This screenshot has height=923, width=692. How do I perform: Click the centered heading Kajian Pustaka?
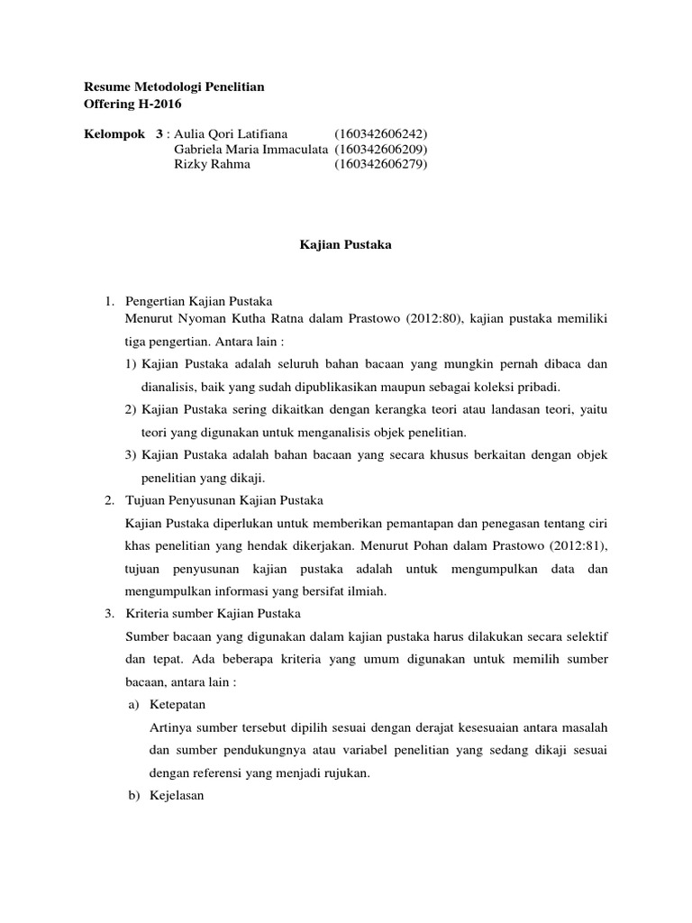tap(345, 244)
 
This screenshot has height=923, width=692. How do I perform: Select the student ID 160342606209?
tap(380, 149)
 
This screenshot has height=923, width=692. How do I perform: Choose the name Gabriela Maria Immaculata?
tap(250, 149)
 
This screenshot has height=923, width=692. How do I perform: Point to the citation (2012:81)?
tap(577, 544)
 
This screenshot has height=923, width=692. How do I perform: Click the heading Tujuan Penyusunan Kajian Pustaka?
tap(226, 499)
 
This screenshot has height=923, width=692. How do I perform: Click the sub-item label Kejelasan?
tap(179, 796)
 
